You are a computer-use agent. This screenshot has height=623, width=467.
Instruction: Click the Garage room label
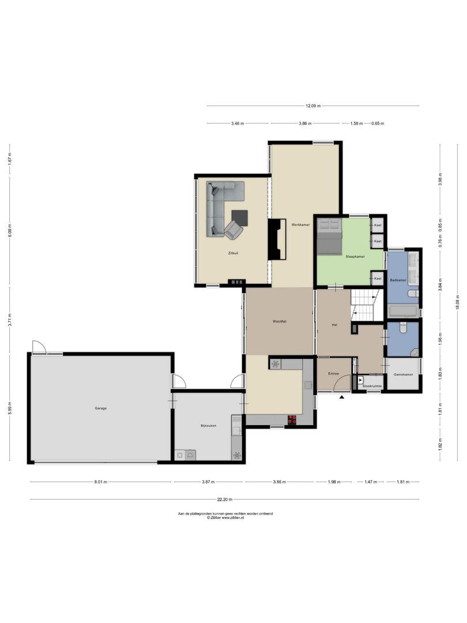click(x=100, y=408)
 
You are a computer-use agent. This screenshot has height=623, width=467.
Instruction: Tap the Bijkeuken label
click(x=209, y=426)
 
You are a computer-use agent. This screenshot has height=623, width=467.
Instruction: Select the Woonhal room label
click(x=279, y=321)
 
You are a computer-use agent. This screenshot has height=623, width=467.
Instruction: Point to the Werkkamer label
click(x=300, y=225)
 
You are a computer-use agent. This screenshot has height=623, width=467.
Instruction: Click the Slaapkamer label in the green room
click(x=355, y=257)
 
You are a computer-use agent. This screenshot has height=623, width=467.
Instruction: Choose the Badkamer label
click(x=398, y=280)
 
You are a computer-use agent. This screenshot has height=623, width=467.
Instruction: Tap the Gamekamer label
click(x=403, y=375)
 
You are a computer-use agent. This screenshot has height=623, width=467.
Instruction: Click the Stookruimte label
click(x=372, y=386)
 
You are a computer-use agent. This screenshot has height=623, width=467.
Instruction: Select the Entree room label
click(x=334, y=374)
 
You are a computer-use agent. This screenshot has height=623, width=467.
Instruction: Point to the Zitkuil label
click(x=233, y=253)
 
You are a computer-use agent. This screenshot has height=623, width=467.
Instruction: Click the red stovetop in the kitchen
click(x=292, y=419)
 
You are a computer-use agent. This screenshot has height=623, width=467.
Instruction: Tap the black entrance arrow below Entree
click(x=342, y=396)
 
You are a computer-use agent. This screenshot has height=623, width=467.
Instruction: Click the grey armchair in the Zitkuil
click(x=233, y=230)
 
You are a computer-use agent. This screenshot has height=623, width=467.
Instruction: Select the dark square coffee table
click(x=240, y=217)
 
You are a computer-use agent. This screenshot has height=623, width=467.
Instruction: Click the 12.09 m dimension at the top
click(x=313, y=106)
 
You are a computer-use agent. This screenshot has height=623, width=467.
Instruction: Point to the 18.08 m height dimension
click(x=458, y=302)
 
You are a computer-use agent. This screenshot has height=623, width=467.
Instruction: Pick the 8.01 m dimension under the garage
click(x=101, y=482)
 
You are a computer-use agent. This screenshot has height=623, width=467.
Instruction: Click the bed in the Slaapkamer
click(x=329, y=236)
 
